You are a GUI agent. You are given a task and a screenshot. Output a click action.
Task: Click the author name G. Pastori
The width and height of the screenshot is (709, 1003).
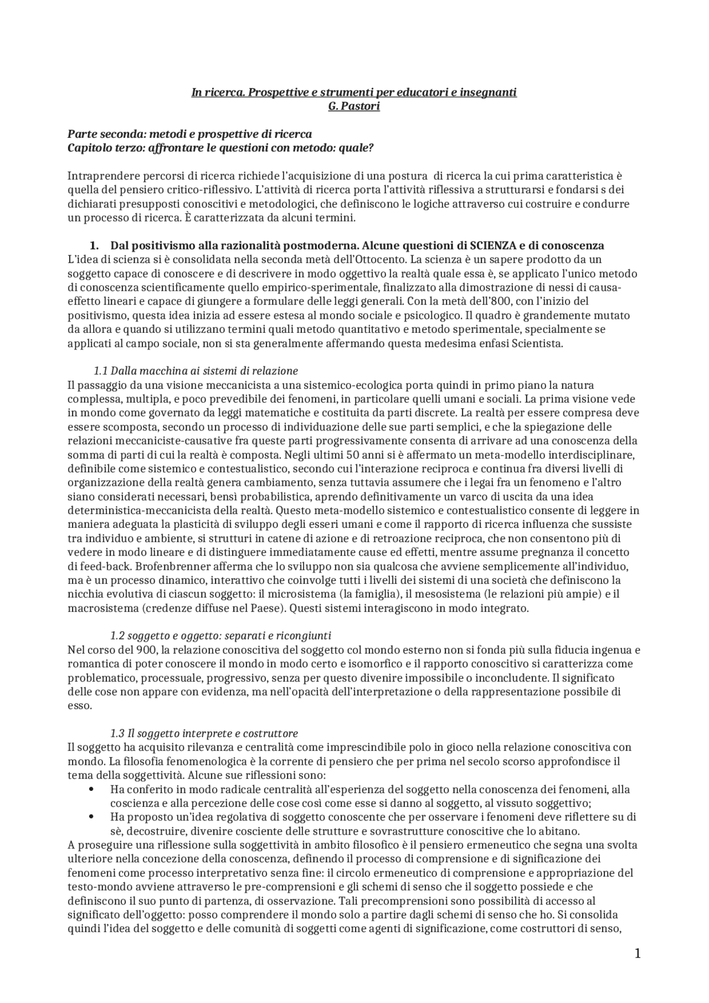tap(354, 106)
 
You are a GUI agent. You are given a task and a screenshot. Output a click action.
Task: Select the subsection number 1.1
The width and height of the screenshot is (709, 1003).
tap(100, 371)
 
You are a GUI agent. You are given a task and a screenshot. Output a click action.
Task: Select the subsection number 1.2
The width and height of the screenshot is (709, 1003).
tap(117, 635)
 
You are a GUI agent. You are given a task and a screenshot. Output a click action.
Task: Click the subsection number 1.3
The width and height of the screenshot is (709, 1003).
tap(117, 733)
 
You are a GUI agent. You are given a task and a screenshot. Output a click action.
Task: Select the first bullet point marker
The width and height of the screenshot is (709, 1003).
tap(91, 789)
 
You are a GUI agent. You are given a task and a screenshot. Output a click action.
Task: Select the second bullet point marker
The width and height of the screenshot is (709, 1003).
tap(91, 817)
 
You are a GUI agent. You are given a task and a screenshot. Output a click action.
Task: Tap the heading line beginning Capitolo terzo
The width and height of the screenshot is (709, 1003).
tap(220, 148)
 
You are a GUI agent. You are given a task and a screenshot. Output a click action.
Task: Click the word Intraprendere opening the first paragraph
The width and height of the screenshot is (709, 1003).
tap(97, 176)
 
